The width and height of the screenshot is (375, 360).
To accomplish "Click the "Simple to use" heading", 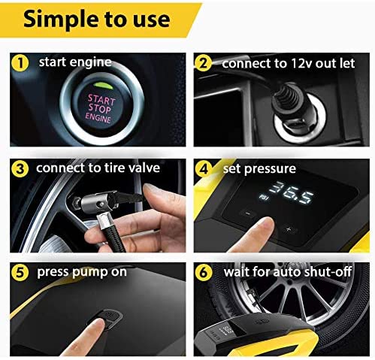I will [98, 19].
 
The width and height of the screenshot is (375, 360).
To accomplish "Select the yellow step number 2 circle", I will [204, 64].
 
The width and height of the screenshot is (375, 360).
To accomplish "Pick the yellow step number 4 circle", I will [204, 168].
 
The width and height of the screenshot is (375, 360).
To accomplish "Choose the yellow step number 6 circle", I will [204, 272].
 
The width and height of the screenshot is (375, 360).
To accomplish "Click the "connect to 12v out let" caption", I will [287, 64].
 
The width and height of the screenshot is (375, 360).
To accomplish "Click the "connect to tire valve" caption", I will [98, 168].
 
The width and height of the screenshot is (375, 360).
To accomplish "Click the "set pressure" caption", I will [259, 168].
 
